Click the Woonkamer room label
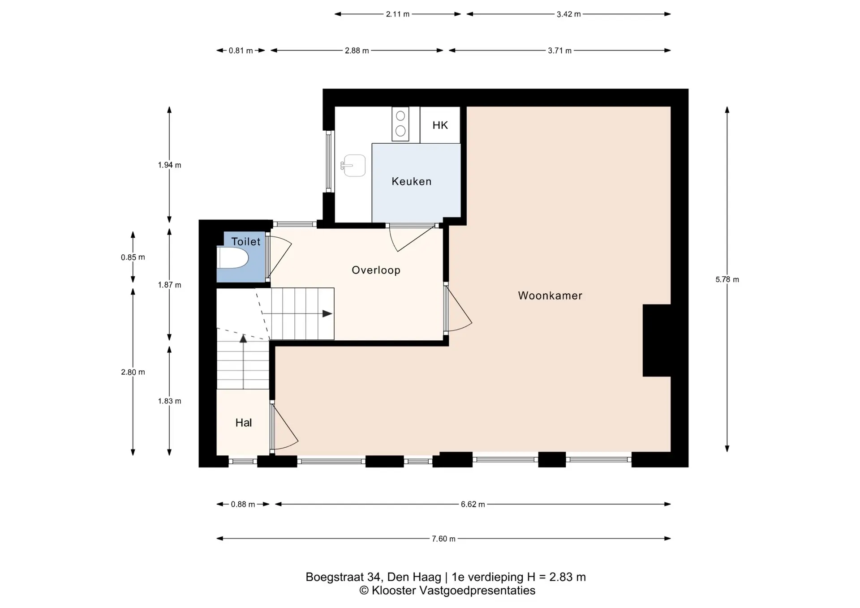[550, 295]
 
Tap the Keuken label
[412, 181]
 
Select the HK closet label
[440, 125]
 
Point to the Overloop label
[376, 270]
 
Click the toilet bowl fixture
[232, 258]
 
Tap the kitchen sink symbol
[354, 166]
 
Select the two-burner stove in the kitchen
[400, 124]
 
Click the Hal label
[244, 423]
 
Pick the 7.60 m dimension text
[443, 539]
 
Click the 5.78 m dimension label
[727, 279]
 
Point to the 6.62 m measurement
[473, 504]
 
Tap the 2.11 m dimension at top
[398, 14]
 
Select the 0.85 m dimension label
[133, 257]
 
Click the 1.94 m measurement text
[169, 165]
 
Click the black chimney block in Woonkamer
[657, 340]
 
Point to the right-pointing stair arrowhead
[327, 314]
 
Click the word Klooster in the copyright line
[394, 591]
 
